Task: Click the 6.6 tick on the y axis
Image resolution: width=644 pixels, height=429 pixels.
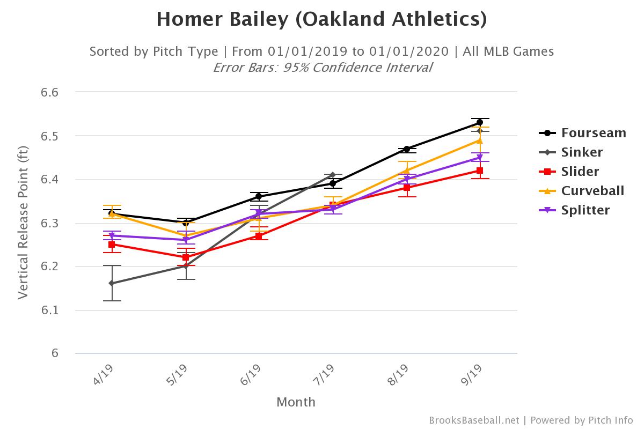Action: (x=49, y=92)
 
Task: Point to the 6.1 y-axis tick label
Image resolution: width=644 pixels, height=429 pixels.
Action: (x=49, y=310)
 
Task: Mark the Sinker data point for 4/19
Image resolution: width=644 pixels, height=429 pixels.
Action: (x=112, y=283)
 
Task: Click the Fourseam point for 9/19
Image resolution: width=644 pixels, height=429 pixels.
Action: (x=479, y=123)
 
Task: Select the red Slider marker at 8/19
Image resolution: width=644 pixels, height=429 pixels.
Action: (x=406, y=188)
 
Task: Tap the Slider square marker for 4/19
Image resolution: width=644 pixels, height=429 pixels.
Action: (x=112, y=245)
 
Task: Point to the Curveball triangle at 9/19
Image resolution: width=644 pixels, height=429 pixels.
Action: (x=479, y=140)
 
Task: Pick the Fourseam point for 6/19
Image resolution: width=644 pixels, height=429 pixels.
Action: (x=259, y=196)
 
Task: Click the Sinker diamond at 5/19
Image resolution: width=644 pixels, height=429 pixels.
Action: (x=185, y=266)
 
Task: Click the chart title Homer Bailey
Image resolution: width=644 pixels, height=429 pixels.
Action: (x=322, y=19)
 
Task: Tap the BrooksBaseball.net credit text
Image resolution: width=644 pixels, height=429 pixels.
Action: (x=474, y=420)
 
